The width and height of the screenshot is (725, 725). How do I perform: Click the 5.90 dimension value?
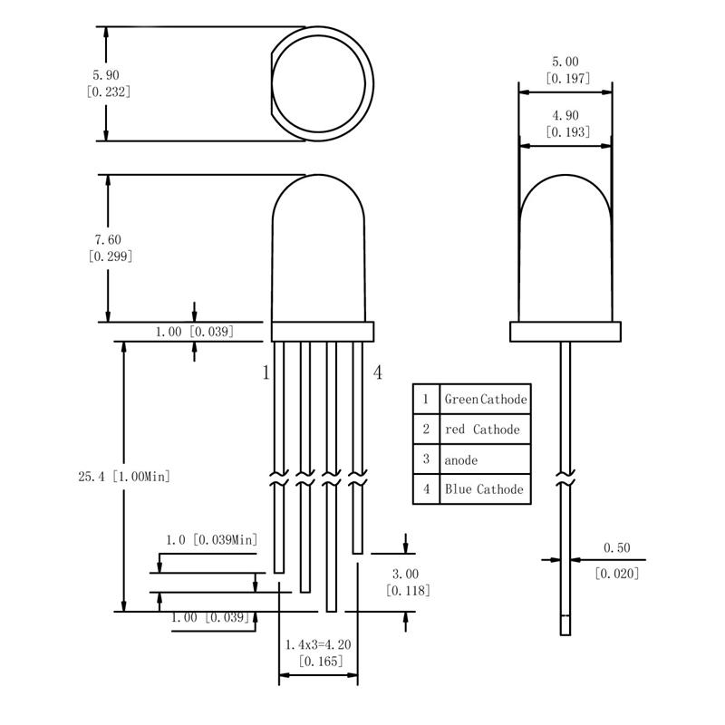pyautogui.click(x=106, y=75)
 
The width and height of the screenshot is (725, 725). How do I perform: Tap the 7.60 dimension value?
pyautogui.click(x=108, y=239)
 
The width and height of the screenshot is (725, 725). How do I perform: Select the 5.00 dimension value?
pyautogui.click(x=565, y=62)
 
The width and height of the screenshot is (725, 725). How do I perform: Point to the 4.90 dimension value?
pyautogui.click(x=565, y=115)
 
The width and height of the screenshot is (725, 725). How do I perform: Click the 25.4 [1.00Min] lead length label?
pyautogui.click(x=124, y=477)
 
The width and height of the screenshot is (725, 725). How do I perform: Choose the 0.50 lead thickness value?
pyautogui.click(x=617, y=548)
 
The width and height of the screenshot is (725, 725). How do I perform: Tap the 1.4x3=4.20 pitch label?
pyautogui.click(x=318, y=644)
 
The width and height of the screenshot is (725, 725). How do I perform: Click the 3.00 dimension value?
pyautogui.click(x=405, y=574)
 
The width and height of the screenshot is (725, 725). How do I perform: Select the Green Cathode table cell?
pyautogui.click(x=486, y=399)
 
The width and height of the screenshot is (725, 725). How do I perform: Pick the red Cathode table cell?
pyautogui.click(x=486, y=429)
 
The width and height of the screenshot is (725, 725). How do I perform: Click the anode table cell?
pyautogui.click(x=486, y=459)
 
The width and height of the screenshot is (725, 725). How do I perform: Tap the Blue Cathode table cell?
pyautogui.click(x=486, y=488)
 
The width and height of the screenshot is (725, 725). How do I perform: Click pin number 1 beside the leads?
pyautogui.click(x=266, y=372)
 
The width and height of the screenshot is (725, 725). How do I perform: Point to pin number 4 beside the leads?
pyautogui.click(x=378, y=372)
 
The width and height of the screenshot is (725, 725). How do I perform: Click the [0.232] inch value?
pyautogui.click(x=109, y=92)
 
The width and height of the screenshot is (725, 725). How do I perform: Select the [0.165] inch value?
pyautogui.click(x=321, y=662)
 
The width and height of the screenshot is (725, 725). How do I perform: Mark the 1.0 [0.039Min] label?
pyautogui.click(x=212, y=539)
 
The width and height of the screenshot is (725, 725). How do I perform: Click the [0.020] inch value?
pyautogui.click(x=617, y=574)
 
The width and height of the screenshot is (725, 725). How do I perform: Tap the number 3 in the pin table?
pyautogui.click(x=426, y=459)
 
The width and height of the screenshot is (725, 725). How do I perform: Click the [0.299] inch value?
pyautogui.click(x=111, y=256)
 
